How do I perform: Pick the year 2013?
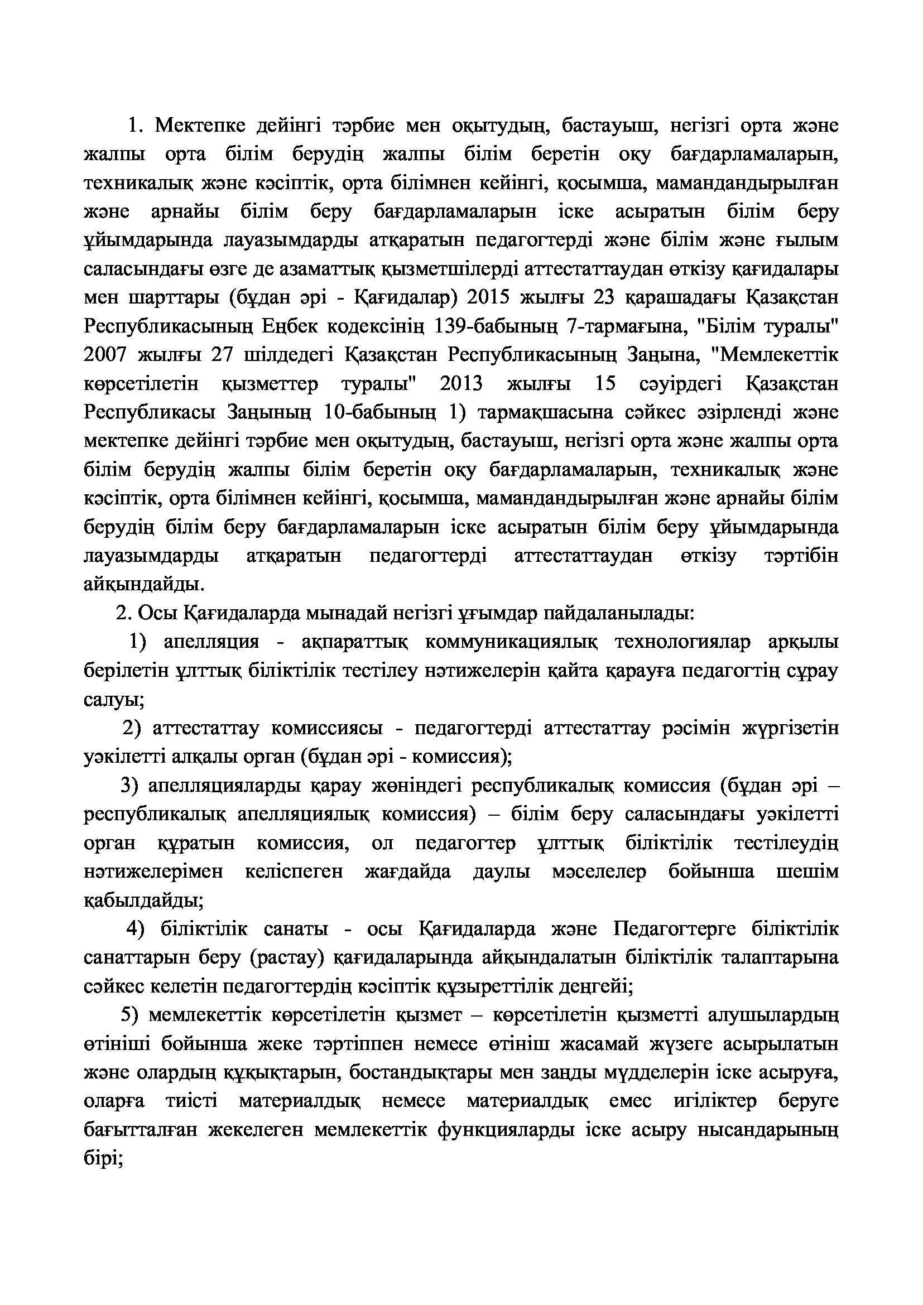pos(460,384)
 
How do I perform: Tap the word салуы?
pos(114,700)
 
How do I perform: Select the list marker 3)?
pos(129,786)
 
